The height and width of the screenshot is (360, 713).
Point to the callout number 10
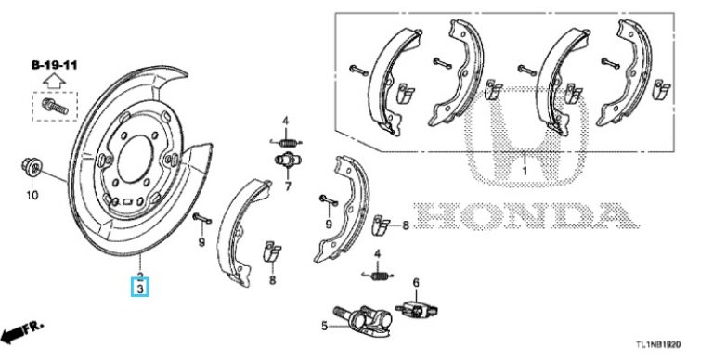[31, 196]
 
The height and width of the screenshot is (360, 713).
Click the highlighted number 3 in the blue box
[139, 289]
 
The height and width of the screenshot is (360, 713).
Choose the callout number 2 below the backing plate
[139, 276]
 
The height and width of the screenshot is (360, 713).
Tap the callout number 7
[287, 186]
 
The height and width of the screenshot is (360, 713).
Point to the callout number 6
[416, 282]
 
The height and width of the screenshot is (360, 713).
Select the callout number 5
[325, 326]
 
